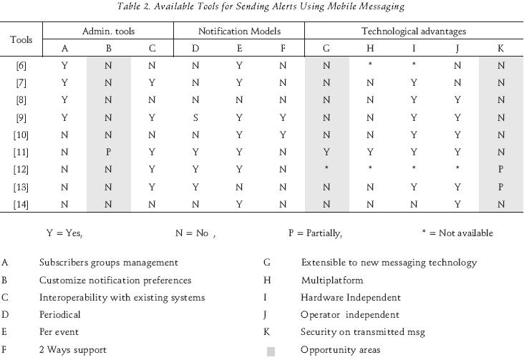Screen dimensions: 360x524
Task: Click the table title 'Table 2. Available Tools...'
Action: pyautogui.click(x=262, y=7)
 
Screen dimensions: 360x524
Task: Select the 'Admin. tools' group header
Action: pyautogui.click(x=108, y=31)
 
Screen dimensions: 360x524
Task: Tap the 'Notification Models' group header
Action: pyautogui.click(x=239, y=31)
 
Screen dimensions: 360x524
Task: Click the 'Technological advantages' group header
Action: pyautogui.click(x=414, y=31)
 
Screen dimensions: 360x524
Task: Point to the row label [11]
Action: pyautogui.click(x=21, y=152)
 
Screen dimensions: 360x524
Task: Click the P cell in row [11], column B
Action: pyautogui.click(x=108, y=152)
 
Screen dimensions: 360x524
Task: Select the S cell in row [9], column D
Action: pyautogui.click(x=195, y=117)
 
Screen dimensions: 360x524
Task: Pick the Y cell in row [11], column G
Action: pyautogui.click(x=326, y=152)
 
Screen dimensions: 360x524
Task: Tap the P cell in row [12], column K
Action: pyautogui.click(x=500, y=170)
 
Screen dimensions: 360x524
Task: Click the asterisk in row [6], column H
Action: pyautogui.click(x=369, y=66)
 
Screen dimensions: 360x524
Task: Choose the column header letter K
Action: pyautogui.click(x=500, y=49)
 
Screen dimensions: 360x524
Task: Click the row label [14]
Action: pyautogui.click(x=21, y=204)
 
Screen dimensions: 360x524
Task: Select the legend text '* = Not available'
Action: pyautogui.click(x=457, y=233)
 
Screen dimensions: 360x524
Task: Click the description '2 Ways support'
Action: pyautogui.click(x=72, y=350)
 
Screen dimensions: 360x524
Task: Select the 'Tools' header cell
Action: pyautogui.click(x=21, y=39)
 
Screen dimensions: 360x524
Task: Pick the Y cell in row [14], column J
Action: pyautogui.click(x=457, y=204)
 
